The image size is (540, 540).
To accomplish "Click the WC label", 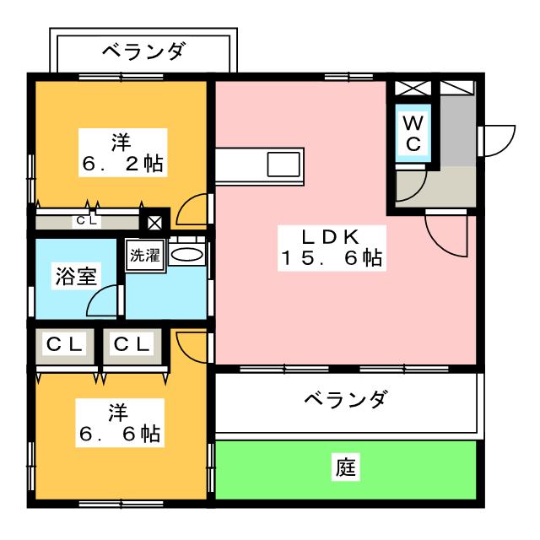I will [x=413, y=133].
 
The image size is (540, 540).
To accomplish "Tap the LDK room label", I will [x=332, y=235].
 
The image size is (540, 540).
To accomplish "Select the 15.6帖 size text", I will [x=332, y=259].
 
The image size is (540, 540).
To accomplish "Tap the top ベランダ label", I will [x=143, y=52].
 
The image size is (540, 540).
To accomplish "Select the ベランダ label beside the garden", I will [x=346, y=398].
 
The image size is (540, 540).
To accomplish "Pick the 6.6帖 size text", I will [x=117, y=435].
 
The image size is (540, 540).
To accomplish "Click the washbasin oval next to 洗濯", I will [x=187, y=255].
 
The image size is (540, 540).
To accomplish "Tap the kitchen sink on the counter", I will [x=283, y=164].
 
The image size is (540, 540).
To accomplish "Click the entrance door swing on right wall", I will [x=499, y=138].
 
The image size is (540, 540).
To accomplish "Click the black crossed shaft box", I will [x=155, y=224].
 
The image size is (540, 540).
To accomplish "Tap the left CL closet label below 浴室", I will [x=64, y=345].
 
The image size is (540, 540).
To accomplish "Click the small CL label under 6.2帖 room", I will [x=87, y=222].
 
